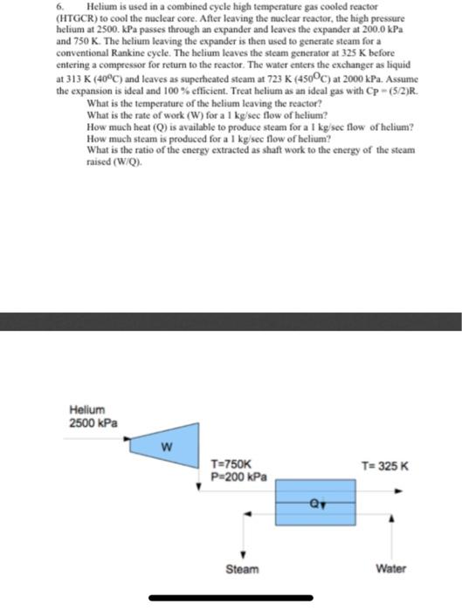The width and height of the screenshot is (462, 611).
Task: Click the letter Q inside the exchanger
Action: click(x=320, y=502)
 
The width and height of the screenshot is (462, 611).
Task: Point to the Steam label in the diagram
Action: click(x=242, y=568)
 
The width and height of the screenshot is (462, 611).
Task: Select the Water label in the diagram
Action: click(x=391, y=568)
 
